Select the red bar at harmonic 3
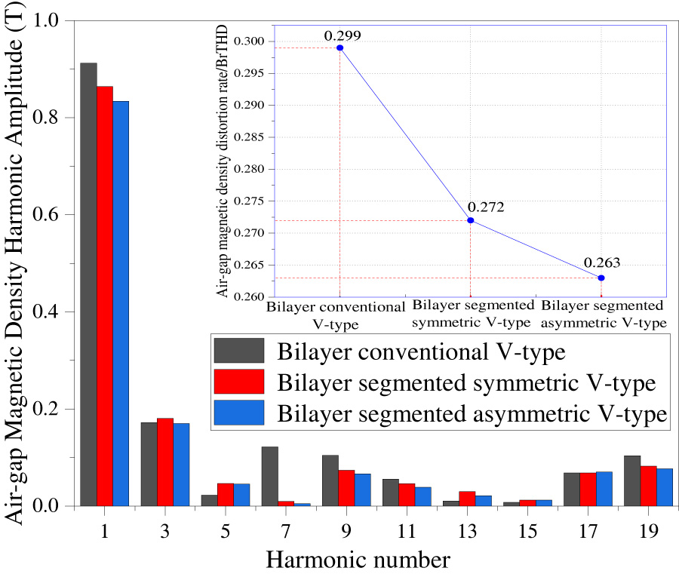[165, 462]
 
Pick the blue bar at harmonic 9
[362, 490]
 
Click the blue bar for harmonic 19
[664, 487]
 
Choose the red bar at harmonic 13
[467, 499]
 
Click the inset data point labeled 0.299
[339, 48]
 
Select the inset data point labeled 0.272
[470, 220]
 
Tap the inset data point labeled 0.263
[601, 278]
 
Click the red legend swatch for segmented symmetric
[239, 382]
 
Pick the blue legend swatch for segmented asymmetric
[239, 413]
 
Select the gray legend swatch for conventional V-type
[239, 351]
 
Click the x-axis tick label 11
[407, 530]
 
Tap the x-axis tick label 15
[527, 530]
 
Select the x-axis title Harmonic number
[358, 560]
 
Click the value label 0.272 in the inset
[484, 207]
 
